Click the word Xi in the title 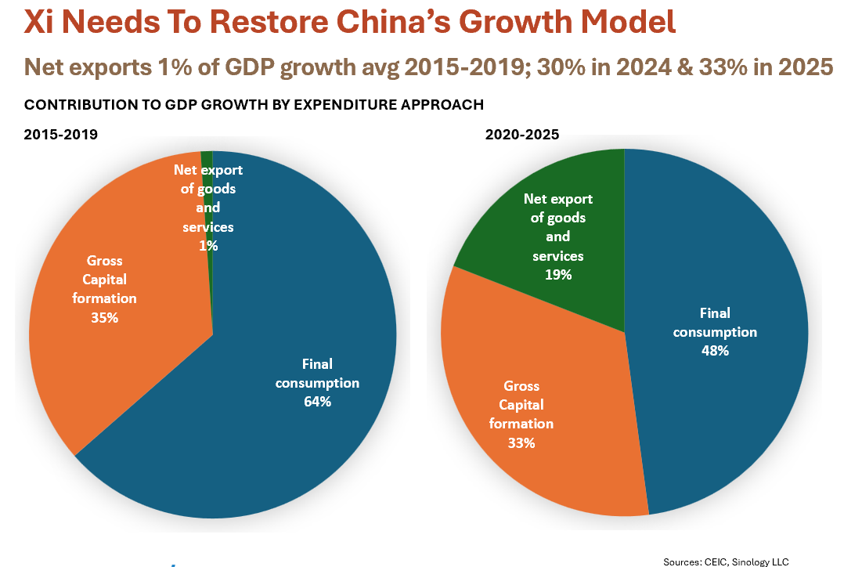(38, 22)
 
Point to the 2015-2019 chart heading (60, 135)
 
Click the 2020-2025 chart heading (522, 135)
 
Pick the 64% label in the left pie (317, 402)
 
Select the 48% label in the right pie (715, 351)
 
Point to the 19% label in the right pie (558, 274)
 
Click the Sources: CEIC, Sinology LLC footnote (726, 561)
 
